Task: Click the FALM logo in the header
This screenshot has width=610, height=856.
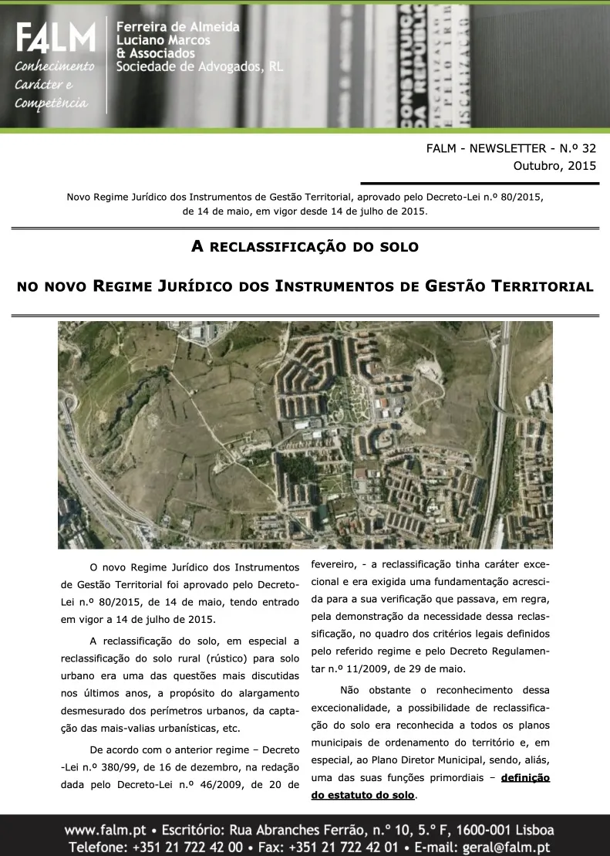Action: [55, 38]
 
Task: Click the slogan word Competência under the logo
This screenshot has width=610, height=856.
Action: [52, 103]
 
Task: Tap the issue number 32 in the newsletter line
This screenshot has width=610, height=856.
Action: [588, 148]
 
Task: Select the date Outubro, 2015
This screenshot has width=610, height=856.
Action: [554, 165]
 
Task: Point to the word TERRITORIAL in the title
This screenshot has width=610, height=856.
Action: [538, 287]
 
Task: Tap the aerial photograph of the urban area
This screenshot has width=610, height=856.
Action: [305, 435]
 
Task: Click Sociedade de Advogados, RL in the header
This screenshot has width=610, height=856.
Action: [199, 67]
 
